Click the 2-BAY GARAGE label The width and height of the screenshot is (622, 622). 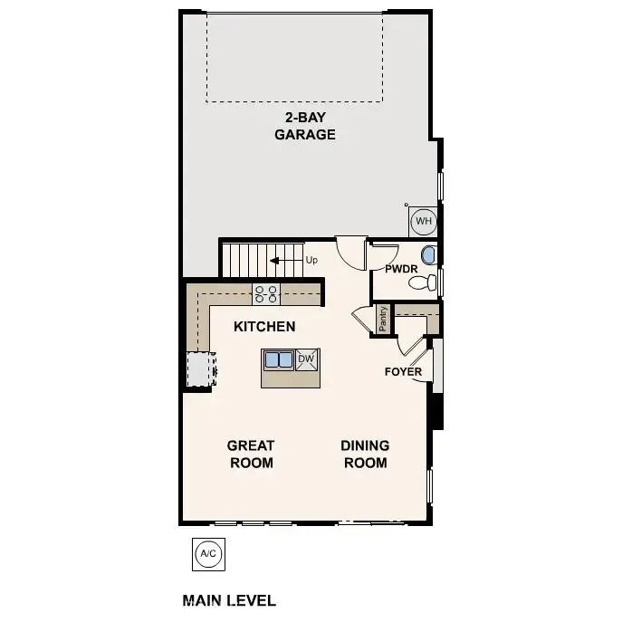pos(305,126)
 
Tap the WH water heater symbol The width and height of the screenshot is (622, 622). pos(423,220)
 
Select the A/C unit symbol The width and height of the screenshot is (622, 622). pos(207,553)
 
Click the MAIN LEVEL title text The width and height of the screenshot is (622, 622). pos(229,600)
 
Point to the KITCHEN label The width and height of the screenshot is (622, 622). pos(264,326)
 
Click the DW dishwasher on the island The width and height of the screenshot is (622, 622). pos(306,359)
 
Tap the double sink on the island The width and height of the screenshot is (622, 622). pos(279,359)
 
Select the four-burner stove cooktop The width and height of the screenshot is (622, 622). pos(266,293)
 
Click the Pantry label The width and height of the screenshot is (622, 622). pos(383,320)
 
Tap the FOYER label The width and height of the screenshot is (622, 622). pos(403,371)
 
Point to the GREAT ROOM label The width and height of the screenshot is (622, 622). pos(251,454)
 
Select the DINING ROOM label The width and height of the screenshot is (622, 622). pos(365,454)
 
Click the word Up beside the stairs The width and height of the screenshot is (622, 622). pos(311,260)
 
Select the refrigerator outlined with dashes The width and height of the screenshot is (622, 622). pos(198,369)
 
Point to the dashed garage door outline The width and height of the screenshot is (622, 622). pos(296,57)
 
